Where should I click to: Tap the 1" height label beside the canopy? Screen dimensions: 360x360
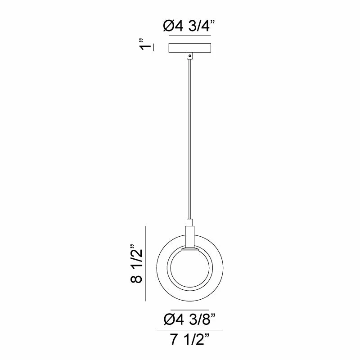tap(144, 47)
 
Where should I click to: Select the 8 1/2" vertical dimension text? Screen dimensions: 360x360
tap(136, 264)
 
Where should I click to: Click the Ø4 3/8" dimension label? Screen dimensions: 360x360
tap(189, 320)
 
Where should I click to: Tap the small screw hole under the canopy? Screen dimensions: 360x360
tap(190, 56)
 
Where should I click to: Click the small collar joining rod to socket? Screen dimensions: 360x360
tap(190, 222)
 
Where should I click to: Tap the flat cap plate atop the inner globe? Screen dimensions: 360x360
tap(190, 249)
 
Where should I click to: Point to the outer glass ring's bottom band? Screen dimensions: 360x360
tap(190, 298)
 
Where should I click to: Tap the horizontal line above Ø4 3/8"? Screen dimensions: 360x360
tap(189, 310)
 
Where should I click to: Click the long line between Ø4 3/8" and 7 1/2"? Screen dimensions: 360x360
tap(189, 331)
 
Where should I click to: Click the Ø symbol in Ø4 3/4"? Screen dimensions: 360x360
tap(168, 27)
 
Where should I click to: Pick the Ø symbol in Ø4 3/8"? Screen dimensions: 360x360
tap(168, 320)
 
